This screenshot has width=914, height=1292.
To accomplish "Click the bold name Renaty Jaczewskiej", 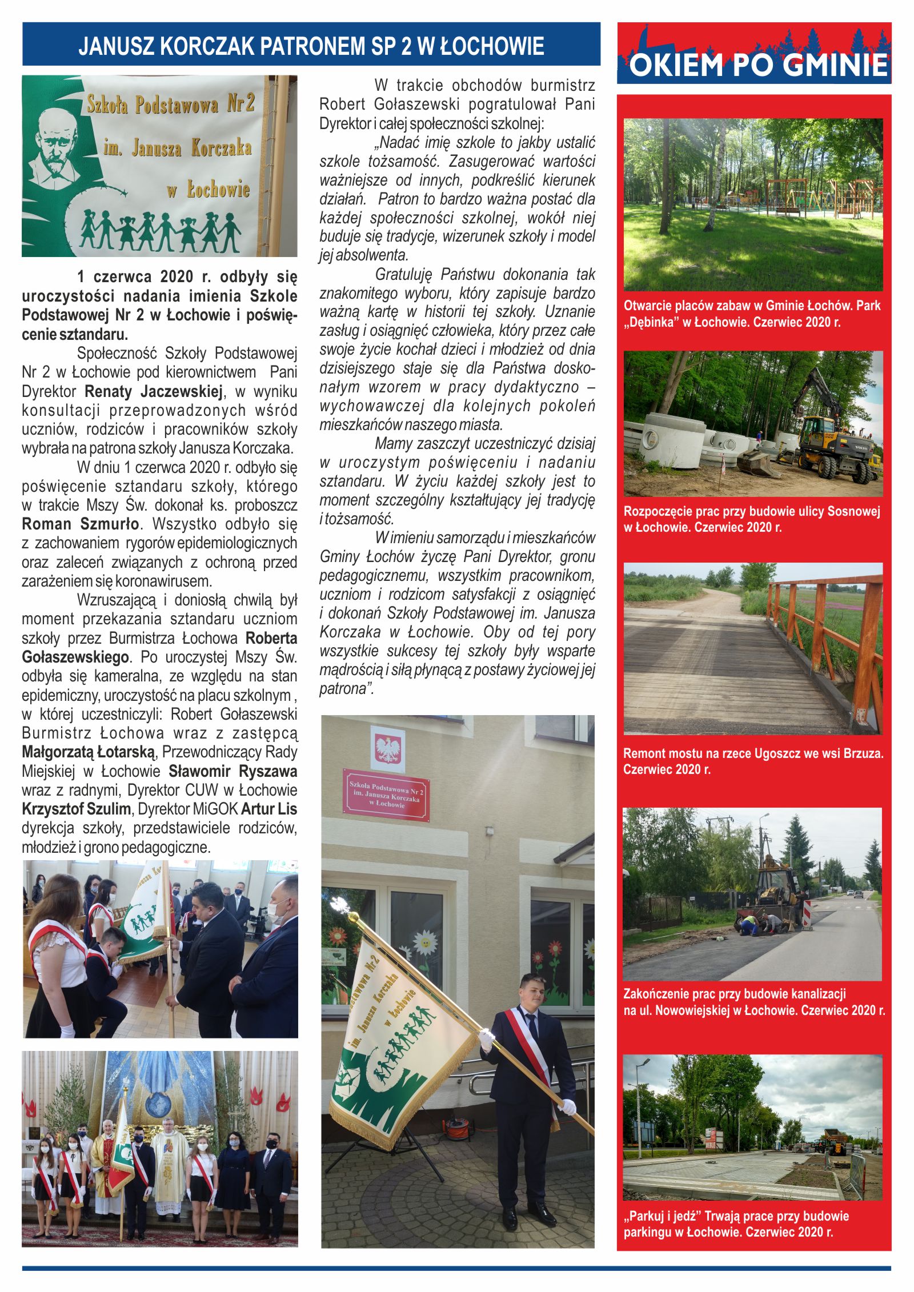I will click(153, 391).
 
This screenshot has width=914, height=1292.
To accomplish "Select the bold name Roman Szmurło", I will click(81, 524).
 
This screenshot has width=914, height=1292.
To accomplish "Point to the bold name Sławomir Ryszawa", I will click(232, 771).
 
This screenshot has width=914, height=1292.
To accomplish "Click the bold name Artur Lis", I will click(268, 809).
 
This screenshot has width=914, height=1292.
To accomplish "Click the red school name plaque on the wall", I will click(386, 795).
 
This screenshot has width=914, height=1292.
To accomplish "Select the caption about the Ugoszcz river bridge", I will click(753, 761).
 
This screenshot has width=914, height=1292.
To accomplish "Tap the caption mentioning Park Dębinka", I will click(752, 314).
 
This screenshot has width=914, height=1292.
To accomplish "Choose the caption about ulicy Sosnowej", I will click(752, 519).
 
